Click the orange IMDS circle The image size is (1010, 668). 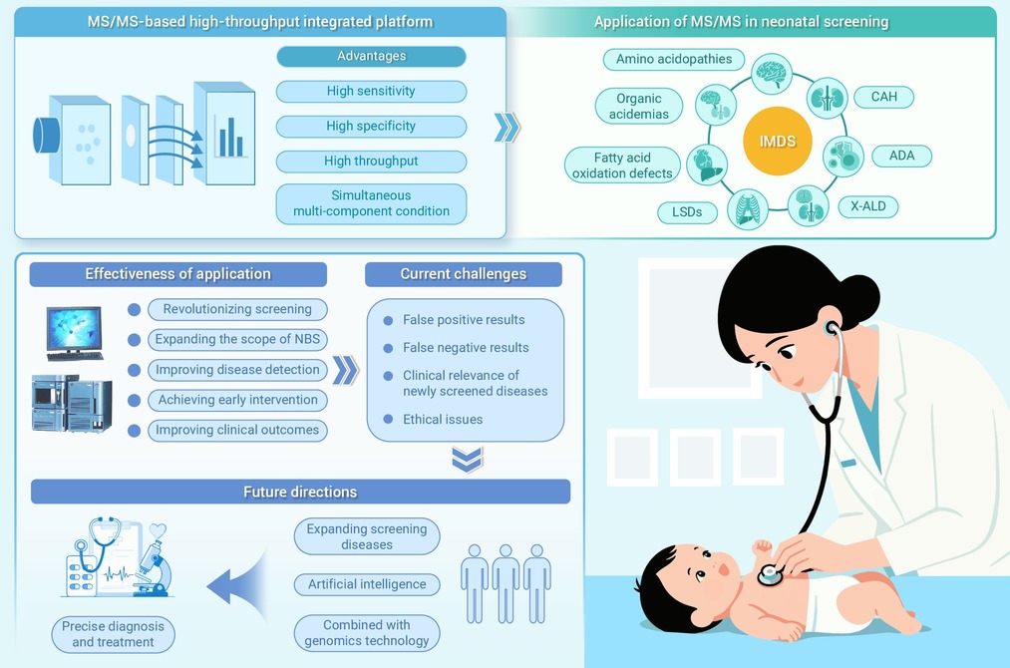click(778, 141)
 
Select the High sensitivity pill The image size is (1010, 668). click(371, 91)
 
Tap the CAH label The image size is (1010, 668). click(883, 97)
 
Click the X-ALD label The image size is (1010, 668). click(868, 206)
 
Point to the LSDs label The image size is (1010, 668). click(687, 212)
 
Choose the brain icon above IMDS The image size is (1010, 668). click(772, 74)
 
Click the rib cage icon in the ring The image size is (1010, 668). click(748, 209)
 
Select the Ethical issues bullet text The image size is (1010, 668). click(443, 420)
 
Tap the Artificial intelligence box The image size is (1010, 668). click(367, 584)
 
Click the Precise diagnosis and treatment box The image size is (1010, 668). click(113, 634)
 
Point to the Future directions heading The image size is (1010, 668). click(300, 492)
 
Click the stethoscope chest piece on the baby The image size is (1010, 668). click(770, 574)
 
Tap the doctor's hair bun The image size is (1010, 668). click(860, 296)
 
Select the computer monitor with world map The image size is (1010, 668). click(74, 333)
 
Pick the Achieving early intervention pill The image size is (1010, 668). click(237, 400)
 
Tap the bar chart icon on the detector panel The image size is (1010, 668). click(230, 138)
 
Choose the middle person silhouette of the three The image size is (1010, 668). click(505, 583)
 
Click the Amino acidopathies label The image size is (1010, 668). click(674, 59)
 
